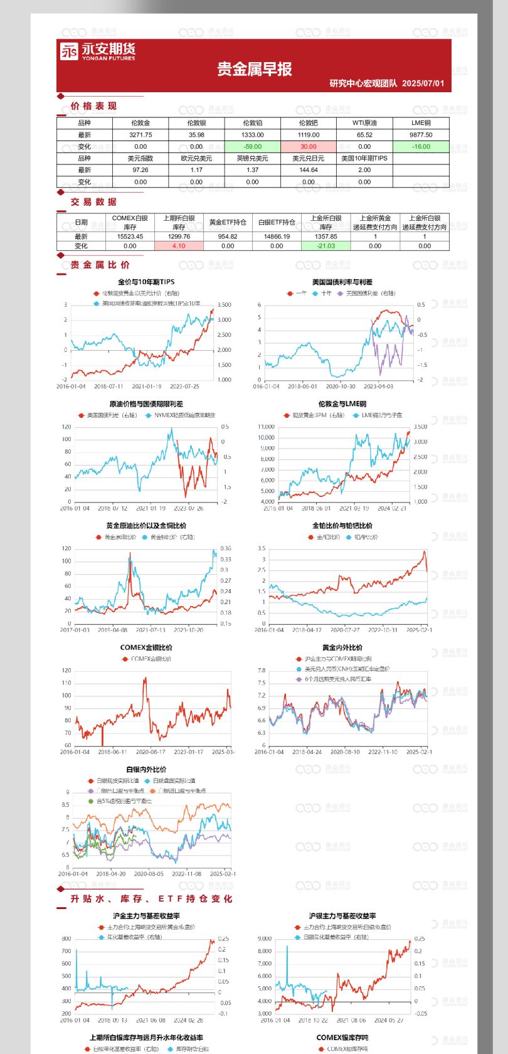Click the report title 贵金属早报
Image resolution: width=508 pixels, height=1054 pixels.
pyautogui.click(x=255, y=69)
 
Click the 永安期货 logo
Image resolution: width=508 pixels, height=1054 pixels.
pyautogui.click(x=97, y=51)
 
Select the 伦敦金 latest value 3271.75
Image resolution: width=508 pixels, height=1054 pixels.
pyautogui.click(x=140, y=135)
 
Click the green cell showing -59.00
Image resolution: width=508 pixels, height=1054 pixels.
pyautogui.click(x=252, y=147)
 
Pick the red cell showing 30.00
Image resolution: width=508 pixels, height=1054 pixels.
pyautogui.click(x=309, y=147)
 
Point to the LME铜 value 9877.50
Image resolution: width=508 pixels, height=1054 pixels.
pyautogui.click(x=421, y=135)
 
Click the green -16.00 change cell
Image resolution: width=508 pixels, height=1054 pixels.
pyautogui.click(x=421, y=147)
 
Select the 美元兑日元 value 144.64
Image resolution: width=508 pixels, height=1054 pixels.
pyautogui.click(x=309, y=170)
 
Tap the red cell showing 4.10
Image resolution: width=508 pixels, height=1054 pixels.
pyautogui.click(x=179, y=246)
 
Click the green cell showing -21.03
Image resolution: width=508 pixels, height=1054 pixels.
pyautogui.click(x=326, y=246)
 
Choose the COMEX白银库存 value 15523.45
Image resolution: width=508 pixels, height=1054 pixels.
pyautogui.click(x=130, y=237)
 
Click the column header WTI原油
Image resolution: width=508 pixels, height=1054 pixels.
pyautogui.click(x=364, y=123)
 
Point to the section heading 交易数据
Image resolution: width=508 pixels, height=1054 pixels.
pyautogui.click(x=93, y=202)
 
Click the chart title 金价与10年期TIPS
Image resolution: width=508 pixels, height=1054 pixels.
pyautogui.click(x=146, y=282)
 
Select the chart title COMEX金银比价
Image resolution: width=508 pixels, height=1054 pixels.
pyautogui.click(x=146, y=647)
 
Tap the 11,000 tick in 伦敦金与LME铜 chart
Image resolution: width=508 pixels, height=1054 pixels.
pyautogui.click(x=266, y=427)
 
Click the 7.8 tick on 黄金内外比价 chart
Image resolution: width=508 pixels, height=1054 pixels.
pyautogui.click(x=261, y=670)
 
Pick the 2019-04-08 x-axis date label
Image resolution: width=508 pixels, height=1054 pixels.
pyautogui.click(x=112, y=630)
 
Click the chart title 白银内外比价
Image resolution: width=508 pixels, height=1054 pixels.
pyautogui.click(x=146, y=769)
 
